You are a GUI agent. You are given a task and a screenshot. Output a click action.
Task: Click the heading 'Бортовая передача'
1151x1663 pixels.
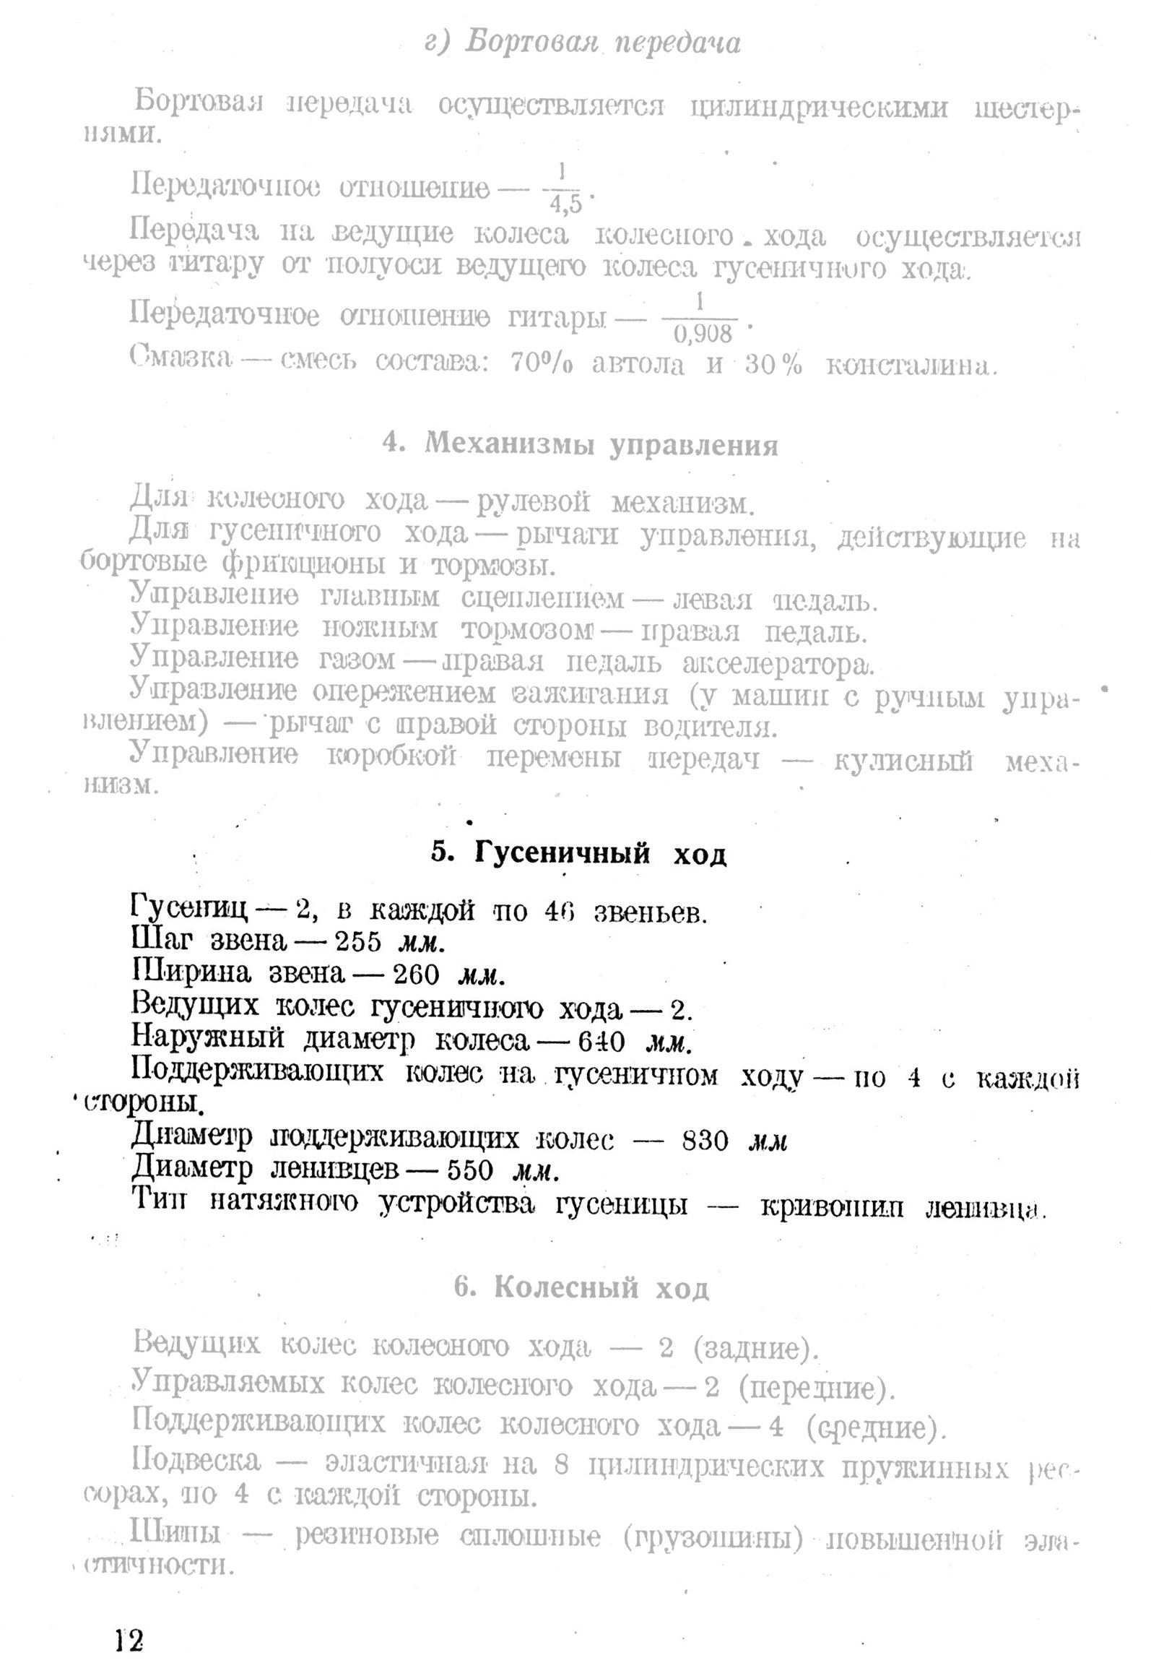click(602, 43)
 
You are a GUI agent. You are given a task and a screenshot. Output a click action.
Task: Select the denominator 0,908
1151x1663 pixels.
click(702, 334)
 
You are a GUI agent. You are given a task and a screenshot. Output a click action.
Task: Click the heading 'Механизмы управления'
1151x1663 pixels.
click(601, 444)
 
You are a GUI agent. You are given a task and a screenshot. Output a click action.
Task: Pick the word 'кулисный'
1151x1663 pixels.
click(903, 761)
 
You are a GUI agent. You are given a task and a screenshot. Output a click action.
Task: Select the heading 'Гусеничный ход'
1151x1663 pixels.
click(600, 854)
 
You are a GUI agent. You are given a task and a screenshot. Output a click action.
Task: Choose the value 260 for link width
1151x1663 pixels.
click(416, 975)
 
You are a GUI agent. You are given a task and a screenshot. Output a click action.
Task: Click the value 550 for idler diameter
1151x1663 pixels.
click(470, 1170)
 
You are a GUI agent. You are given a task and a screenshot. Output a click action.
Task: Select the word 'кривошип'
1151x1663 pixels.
click(832, 1205)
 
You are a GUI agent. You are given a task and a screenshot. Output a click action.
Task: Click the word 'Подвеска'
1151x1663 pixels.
click(196, 1460)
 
